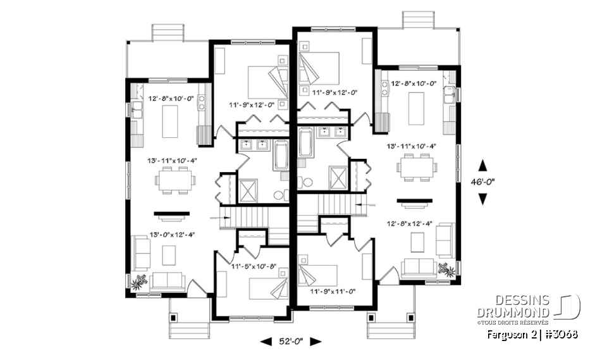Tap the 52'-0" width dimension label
pyautogui.click(x=291, y=341)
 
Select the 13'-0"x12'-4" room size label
pyautogui.click(x=172, y=234)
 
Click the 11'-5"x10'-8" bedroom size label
pyautogui.click(x=254, y=266)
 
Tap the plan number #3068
pyautogui.click(x=562, y=333)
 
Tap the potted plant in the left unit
pyautogui.click(x=139, y=280)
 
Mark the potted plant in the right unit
pyautogui.click(x=447, y=269)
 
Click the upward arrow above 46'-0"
pyautogui.click(x=482, y=165)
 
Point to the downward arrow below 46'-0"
pyautogui.click(x=482, y=199)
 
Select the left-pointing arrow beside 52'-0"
pyautogui.click(x=267, y=342)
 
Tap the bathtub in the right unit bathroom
pyautogui.click(x=304, y=143)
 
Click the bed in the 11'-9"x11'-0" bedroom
pyautogui.click(x=317, y=275)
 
